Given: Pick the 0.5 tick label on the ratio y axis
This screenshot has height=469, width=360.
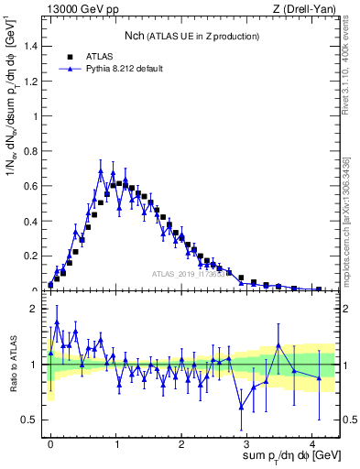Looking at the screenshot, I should (x=30, y=420).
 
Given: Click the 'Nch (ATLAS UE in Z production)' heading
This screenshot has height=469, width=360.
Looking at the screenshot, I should (x=192, y=36).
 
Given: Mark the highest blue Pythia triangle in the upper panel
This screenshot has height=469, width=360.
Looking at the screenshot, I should (x=101, y=170).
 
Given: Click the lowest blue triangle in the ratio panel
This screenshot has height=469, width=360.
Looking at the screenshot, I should (x=242, y=407).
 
